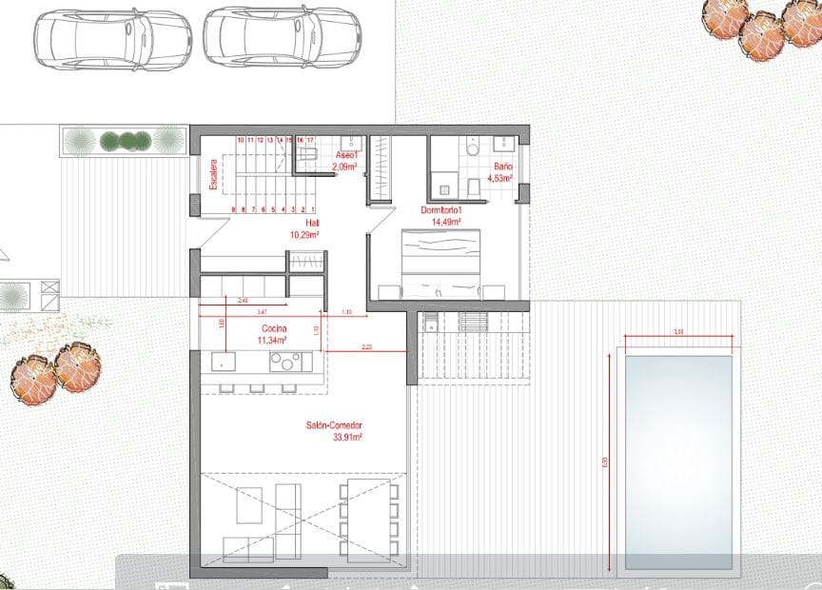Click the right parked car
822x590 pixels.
[x=283, y=37]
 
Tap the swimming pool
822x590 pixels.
[x=678, y=462]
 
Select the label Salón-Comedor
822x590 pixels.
[x=335, y=425]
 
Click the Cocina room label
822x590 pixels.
[x=275, y=327]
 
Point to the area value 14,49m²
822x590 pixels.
[x=445, y=222]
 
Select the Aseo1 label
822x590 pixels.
[x=346, y=155]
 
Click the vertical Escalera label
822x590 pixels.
[x=215, y=175]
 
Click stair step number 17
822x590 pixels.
[x=310, y=140]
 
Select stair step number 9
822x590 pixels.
[x=233, y=209]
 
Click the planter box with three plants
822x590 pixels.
[x=124, y=141]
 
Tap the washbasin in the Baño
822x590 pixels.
[x=502, y=145]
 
